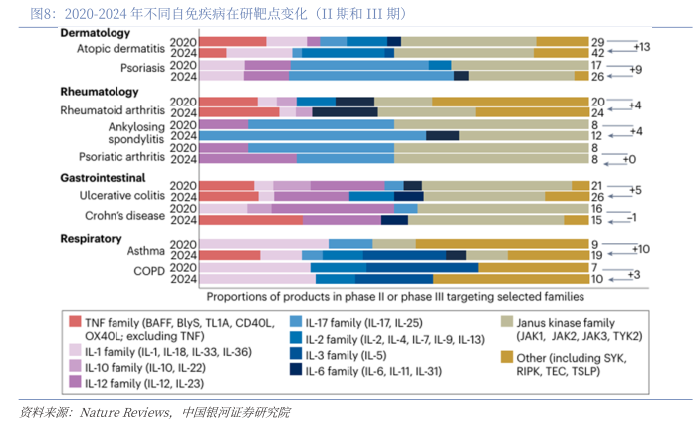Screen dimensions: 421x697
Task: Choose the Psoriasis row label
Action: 141,70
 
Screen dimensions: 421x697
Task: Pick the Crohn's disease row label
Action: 132,215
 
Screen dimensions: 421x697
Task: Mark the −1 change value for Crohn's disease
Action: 629,215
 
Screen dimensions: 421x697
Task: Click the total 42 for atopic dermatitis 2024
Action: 598,52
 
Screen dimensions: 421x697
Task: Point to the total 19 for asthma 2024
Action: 597,255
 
